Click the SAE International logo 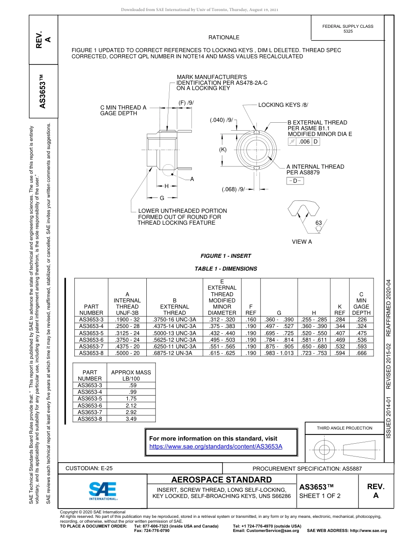103,490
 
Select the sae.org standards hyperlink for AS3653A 216,446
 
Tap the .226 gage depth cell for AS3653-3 361,319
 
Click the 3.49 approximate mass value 131,419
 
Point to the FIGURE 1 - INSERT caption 225,256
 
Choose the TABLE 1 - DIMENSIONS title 225,268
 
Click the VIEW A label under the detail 302,241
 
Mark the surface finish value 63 318,223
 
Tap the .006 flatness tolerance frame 304,142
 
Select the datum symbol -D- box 295,181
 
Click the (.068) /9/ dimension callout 233,189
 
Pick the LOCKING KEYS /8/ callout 283,105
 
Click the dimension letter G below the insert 162,198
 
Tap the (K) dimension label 223,149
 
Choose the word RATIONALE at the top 224,38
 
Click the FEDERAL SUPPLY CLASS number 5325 348,31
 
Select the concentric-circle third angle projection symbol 325,450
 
